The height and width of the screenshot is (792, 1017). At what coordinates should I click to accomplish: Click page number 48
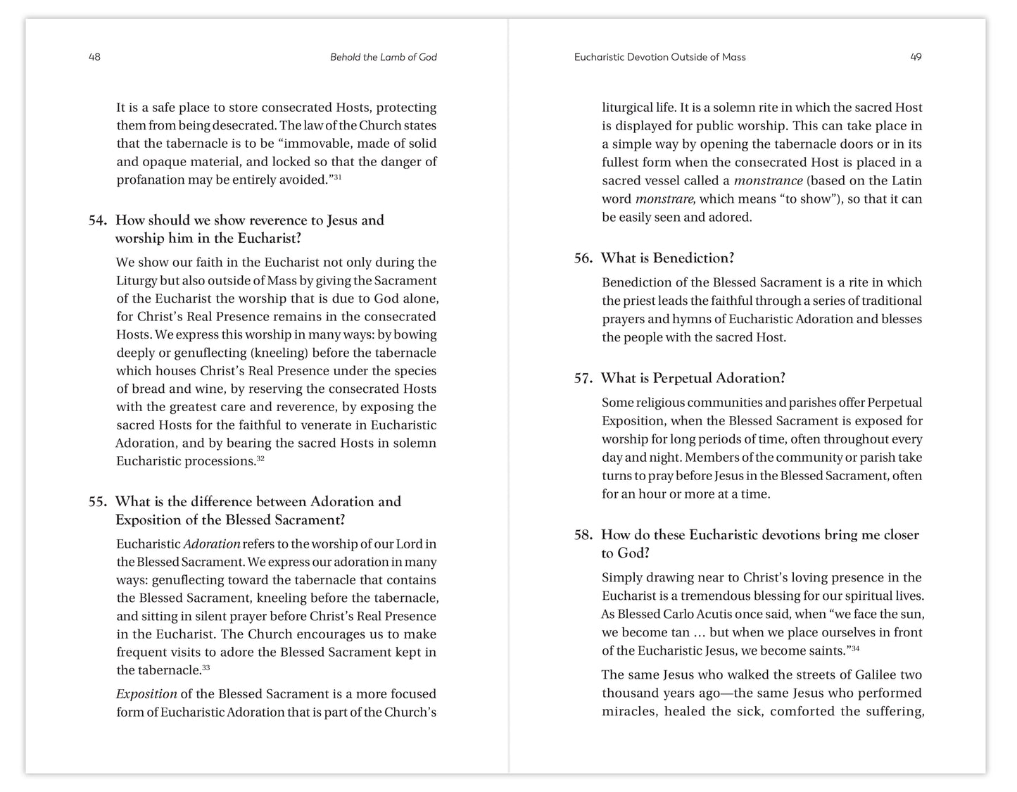tap(94, 57)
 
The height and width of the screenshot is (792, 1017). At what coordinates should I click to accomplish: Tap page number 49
tap(916, 57)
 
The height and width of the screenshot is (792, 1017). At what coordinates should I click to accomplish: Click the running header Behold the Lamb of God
tap(383, 57)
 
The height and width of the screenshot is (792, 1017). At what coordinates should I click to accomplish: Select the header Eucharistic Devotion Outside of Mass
tap(659, 57)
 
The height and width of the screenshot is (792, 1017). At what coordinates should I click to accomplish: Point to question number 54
tap(97, 220)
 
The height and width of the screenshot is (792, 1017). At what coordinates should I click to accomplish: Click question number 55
tap(97, 502)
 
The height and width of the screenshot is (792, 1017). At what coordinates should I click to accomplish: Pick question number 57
tap(583, 379)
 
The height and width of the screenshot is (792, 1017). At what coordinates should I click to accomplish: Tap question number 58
tap(583, 535)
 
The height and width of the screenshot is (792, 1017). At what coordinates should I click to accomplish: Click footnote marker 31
tap(338, 177)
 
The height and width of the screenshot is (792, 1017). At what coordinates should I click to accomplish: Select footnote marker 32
tap(260, 458)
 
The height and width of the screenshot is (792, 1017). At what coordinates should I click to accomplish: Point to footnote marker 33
tap(206, 667)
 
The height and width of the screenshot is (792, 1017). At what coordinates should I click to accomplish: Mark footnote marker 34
tap(855, 648)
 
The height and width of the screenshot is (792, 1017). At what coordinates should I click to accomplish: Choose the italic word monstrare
tap(664, 199)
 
